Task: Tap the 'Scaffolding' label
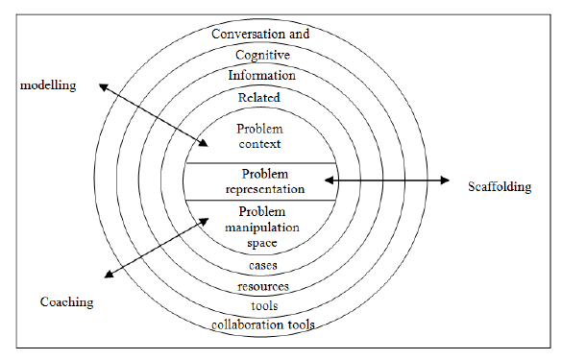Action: point(499,186)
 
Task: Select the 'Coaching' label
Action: point(66,301)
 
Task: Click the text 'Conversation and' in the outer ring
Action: point(262,34)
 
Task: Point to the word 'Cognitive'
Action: point(261,56)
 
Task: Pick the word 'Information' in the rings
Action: point(261,75)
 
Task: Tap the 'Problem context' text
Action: point(261,136)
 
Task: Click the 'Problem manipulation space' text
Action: point(261,227)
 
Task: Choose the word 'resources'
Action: point(261,286)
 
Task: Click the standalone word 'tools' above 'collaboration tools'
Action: point(261,305)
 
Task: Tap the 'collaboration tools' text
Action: point(262,324)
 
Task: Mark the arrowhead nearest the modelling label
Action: point(101,85)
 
